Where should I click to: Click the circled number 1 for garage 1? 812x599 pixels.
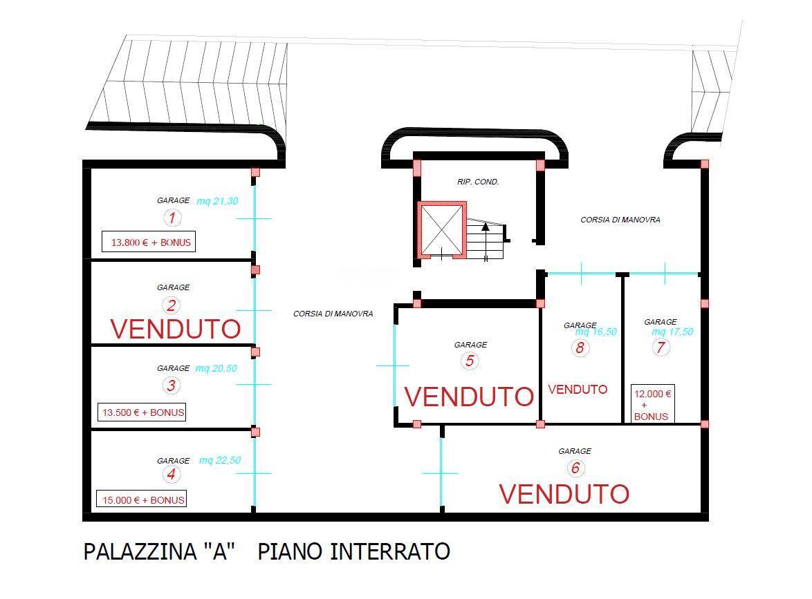coord(172,217)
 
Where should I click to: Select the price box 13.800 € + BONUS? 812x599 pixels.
coord(149,242)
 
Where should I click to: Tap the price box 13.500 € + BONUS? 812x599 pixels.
coord(141,412)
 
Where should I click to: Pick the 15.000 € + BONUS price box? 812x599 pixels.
coord(141,500)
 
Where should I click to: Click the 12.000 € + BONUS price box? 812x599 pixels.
coord(652,404)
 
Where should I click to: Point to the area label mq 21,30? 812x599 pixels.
coord(217,200)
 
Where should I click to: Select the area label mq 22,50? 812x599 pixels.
coord(220,460)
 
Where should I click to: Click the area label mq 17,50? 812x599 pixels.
coord(672,332)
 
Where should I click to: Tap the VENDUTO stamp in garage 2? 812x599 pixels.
coord(176,329)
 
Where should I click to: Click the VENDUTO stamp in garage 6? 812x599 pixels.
coord(564,493)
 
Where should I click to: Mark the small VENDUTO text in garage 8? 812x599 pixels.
coord(578,389)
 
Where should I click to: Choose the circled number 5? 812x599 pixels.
coord(470,361)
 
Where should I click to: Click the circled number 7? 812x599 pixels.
coord(661,347)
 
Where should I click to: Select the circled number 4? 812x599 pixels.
coord(172,474)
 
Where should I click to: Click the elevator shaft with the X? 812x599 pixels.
coord(442,229)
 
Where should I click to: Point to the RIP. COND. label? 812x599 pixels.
coord(478,182)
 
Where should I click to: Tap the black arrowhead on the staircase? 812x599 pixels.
coord(486,225)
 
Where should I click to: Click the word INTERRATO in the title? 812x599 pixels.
coord(390,551)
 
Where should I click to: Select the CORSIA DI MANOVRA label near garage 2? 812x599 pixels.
coord(333,314)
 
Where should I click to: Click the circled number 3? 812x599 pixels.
coord(172,386)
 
